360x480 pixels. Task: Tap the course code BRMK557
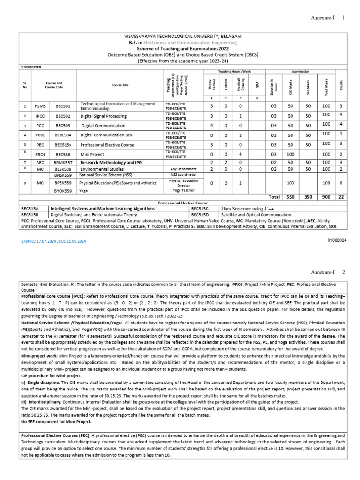click(63, 162)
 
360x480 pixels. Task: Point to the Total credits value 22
click(341, 197)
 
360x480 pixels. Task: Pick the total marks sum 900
click(327, 197)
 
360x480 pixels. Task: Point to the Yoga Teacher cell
click(183, 191)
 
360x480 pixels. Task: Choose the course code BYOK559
click(63, 191)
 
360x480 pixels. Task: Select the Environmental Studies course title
click(102, 169)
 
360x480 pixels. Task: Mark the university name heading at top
click(183, 36)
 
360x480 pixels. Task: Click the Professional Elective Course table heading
click(182, 202)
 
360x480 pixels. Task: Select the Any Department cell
click(183, 169)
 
